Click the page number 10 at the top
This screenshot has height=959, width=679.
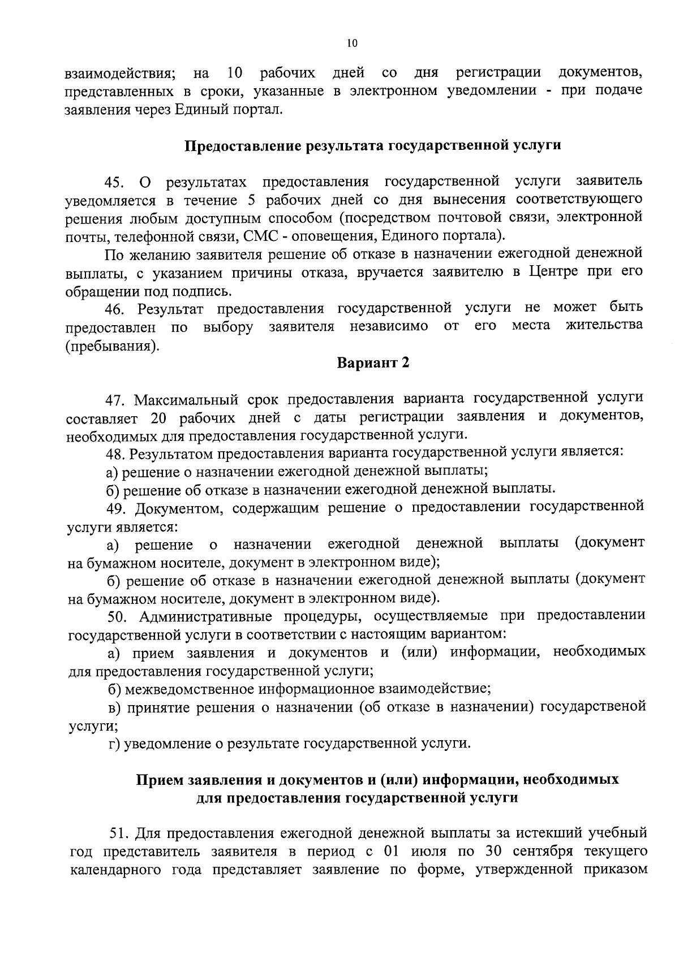353,44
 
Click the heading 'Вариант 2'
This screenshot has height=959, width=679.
373,363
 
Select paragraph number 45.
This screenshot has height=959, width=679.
113,183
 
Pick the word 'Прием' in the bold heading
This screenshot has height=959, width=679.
156,780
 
